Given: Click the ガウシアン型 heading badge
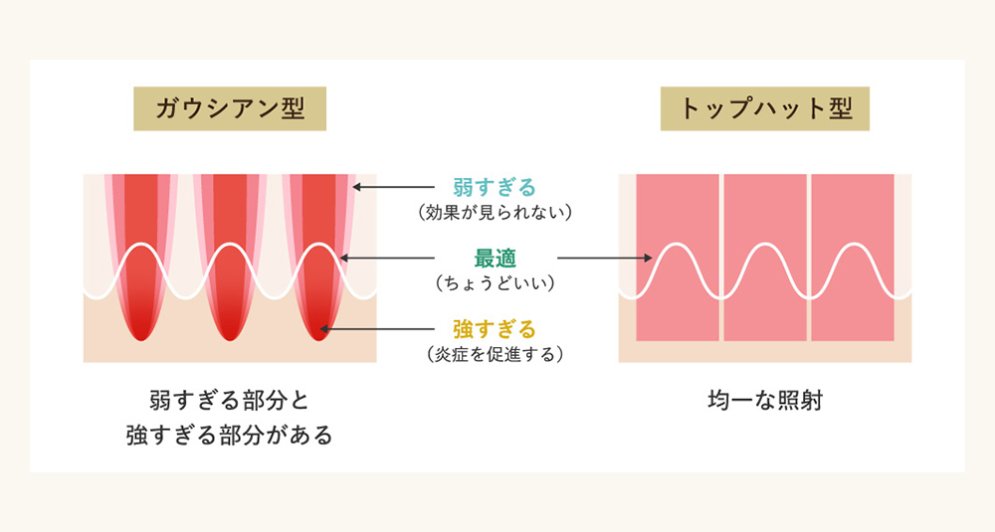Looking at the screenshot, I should (230, 109).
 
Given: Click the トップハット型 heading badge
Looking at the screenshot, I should (765, 109).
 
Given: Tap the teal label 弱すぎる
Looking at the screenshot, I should (495, 187).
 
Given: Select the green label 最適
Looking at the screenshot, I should (495, 259).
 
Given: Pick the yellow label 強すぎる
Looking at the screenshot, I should (495, 329).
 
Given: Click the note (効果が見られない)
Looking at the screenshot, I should (495, 212).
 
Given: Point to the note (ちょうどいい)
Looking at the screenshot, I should (495, 283).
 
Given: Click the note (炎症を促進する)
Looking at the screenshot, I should (495, 354).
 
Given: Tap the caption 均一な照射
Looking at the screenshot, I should (765, 402).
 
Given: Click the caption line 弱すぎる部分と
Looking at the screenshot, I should (230, 402).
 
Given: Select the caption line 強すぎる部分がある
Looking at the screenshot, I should (230, 435).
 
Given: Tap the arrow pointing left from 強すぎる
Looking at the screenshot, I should (378, 329).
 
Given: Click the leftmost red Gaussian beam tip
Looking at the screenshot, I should (142, 328).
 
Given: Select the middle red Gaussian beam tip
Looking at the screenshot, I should (230, 328).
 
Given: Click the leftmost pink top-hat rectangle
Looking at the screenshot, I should (678, 259).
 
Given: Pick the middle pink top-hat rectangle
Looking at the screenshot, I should (765, 259).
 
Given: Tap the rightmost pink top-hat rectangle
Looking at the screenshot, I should (853, 259).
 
